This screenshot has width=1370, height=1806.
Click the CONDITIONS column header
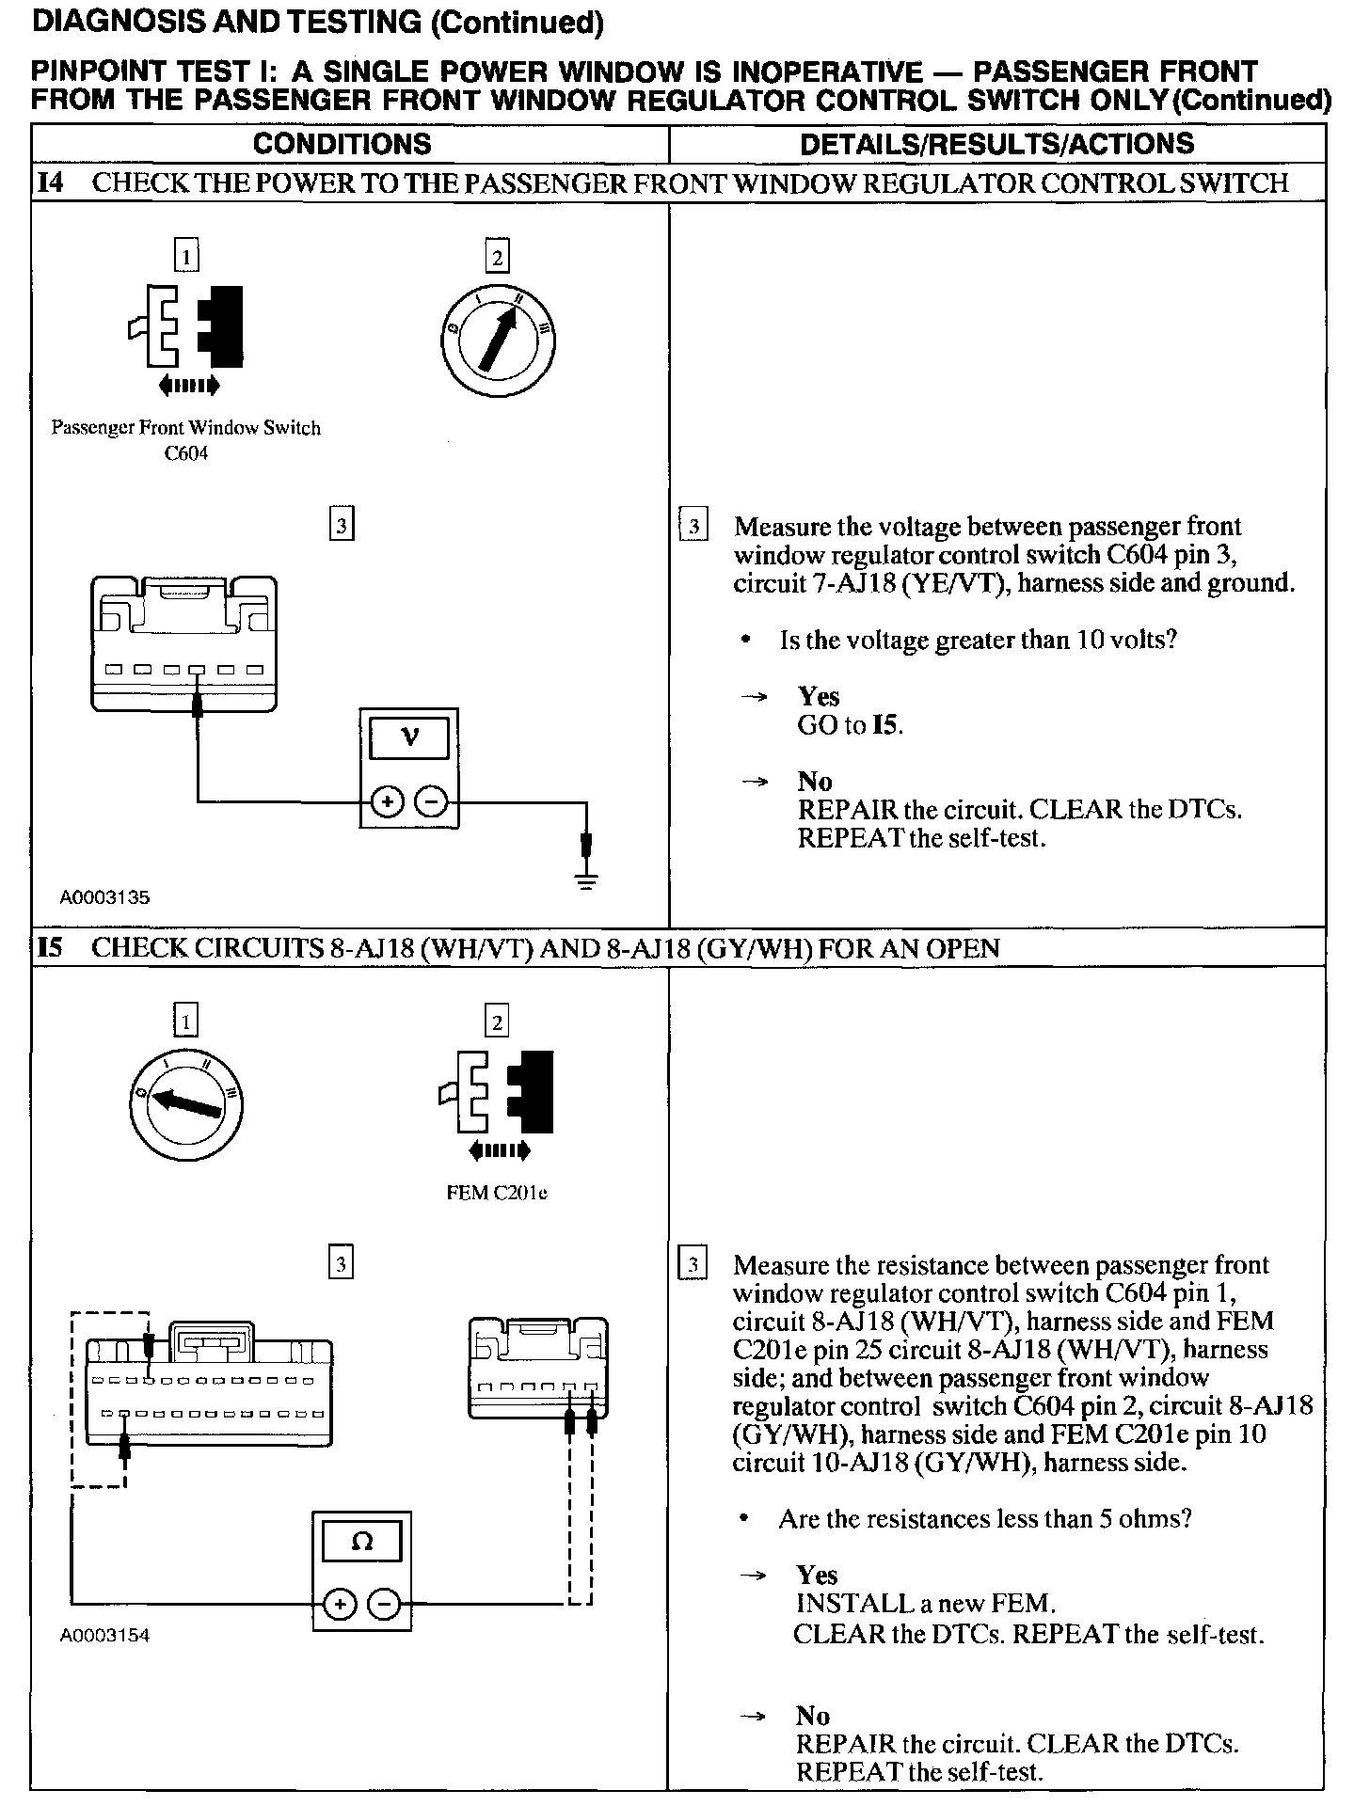coord(342,143)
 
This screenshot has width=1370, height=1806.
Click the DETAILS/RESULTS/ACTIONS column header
coord(996,143)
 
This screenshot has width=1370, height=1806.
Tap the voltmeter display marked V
coord(409,737)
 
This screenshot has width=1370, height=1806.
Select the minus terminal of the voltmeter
coord(431,802)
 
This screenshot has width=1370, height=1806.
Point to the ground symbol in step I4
coord(586,881)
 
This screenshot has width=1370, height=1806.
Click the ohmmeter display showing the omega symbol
coord(361,1542)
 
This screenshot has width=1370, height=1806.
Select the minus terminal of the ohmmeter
coord(383,1605)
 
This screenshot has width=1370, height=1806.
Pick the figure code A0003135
coord(105,897)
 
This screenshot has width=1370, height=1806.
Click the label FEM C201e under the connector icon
coord(497,1194)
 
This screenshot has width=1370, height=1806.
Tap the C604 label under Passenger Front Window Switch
coord(185,453)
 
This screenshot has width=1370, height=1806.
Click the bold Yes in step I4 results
coord(819,696)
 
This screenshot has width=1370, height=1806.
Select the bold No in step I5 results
coord(813,1715)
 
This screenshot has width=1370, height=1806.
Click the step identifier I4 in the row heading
coord(50,182)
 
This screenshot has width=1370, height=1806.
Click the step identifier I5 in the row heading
coord(50,947)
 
